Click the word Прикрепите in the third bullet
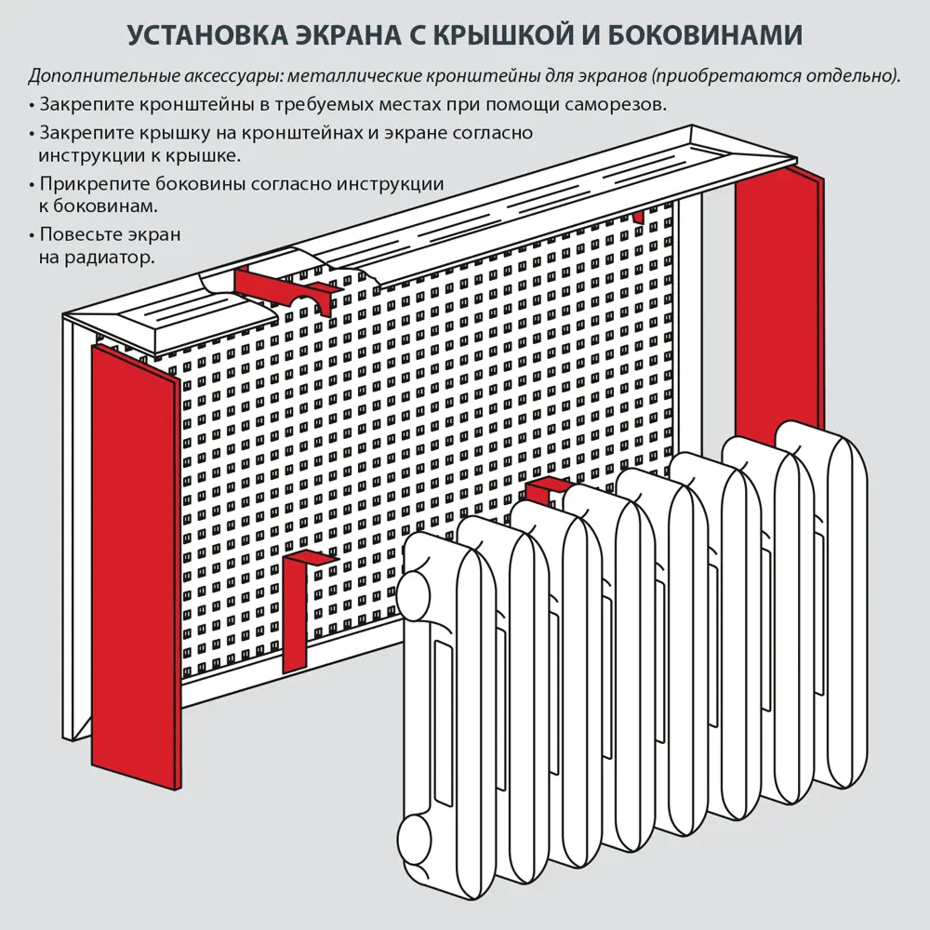pyautogui.click(x=89, y=184)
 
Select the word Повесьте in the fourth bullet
pyautogui.click(x=77, y=234)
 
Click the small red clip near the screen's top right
pyautogui.click(x=638, y=217)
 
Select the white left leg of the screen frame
pyautogui.click(x=73, y=539)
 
